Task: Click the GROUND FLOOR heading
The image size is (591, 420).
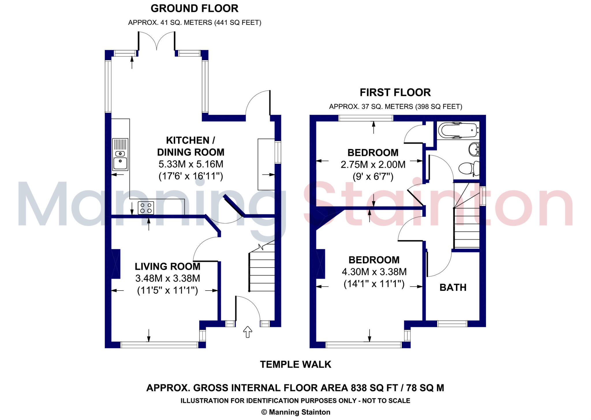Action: [194, 9]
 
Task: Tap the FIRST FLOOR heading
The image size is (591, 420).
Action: [395, 93]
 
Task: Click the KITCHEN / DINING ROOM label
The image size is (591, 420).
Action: [190, 146]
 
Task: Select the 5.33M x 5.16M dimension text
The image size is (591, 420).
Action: [191, 164]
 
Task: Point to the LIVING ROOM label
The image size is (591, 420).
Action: [167, 266]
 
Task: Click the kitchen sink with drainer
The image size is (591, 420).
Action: [120, 155]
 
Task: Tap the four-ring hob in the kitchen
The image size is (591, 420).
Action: [146, 208]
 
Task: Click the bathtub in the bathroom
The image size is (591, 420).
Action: [457, 131]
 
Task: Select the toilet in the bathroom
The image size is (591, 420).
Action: [469, 168]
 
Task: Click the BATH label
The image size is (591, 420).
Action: [453, 287]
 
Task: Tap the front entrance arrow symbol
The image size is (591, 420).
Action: [248, 332]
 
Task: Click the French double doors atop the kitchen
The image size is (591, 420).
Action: [156, 42]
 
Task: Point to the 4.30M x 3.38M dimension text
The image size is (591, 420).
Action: [374, 272]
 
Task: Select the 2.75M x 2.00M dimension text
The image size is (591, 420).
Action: [373, 165]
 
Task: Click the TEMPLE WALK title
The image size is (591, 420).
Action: [295, 365]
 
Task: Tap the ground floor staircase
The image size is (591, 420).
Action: [261, 272]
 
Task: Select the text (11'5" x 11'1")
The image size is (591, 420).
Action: [167, 290]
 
